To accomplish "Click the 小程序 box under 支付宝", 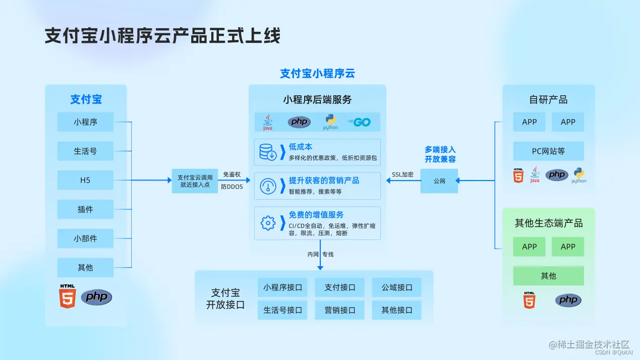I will click(85, 122).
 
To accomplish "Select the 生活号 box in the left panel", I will click(85, 151).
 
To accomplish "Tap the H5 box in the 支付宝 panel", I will click(85, 180).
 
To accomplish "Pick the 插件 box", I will click(85, 209).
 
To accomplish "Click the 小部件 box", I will click(85, 238).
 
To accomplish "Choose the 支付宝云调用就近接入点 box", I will click(195, 181).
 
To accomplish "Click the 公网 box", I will click(439, 181).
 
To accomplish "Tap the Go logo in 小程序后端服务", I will click(360, 122).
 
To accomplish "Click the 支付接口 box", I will click(340, 287).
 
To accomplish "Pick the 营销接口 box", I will click(340, 310).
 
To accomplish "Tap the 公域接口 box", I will click(397, 287).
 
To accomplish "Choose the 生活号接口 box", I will click(282, 310).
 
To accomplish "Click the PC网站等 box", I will click(548, 151).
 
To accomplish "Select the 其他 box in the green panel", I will click(548, 276).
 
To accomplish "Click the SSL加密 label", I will click(402, 174).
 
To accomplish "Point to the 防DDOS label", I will click(232, 187).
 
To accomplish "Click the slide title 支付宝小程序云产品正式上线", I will click(162, 36).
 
